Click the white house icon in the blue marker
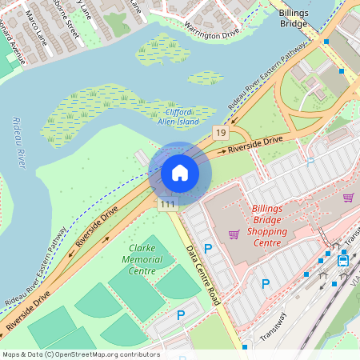(x=180, y=172)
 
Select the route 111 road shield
(x=166, y=205)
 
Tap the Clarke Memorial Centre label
(x=142, y=260)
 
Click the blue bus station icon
(x=343, y=259)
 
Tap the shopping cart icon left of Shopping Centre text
(x=234, y=234)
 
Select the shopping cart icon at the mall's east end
(x=348, y=198)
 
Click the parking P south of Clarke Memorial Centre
(x=181, y=315)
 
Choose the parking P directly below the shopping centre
(x=266, y=283)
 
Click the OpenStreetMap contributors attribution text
(x=80, y=354)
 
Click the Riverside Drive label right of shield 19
(x=254, y=145)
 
